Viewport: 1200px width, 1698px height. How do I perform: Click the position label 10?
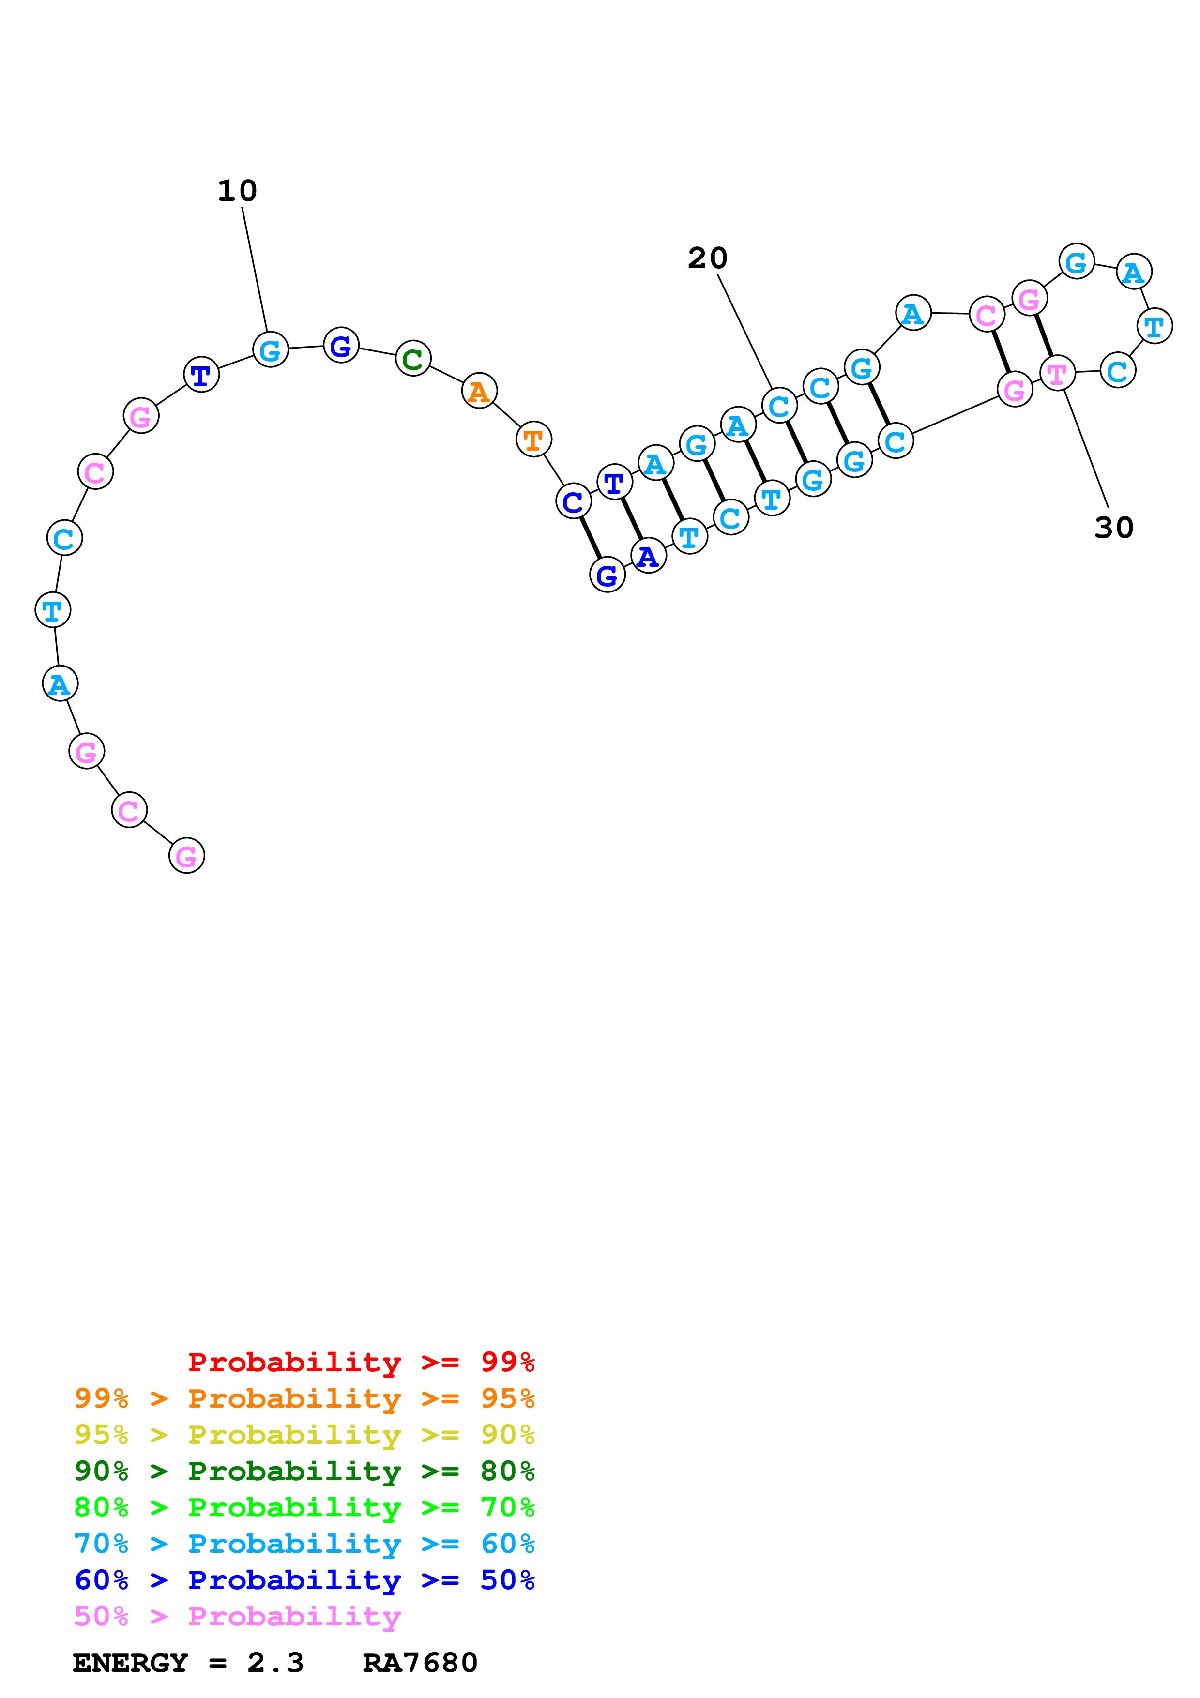pos(237,191)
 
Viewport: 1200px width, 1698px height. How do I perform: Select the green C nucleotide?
pos(412,359)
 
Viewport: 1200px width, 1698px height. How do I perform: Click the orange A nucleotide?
pos(479,391)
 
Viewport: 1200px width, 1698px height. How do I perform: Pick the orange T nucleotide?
pos(533,440)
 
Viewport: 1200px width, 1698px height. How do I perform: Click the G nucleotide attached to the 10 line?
pos(270,350)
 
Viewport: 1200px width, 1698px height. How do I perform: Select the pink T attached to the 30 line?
pos(1057,374)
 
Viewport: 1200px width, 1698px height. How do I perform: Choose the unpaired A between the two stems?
pos(913,314)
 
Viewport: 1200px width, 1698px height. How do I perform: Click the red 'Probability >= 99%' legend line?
pos(361,1362)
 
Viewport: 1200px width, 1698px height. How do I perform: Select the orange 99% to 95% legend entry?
pos(304,1398)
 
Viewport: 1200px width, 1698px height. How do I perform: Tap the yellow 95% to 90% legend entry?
pos(304,1434)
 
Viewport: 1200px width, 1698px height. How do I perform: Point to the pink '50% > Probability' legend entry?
pos(237,1615)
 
